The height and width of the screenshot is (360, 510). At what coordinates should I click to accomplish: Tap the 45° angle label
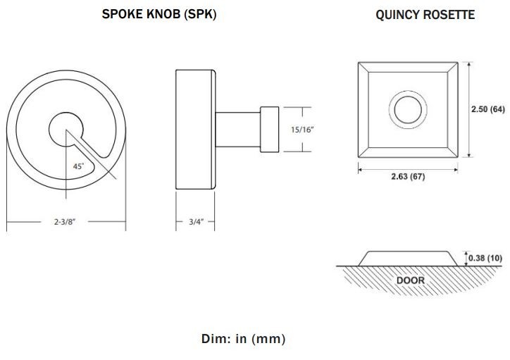point(78,166)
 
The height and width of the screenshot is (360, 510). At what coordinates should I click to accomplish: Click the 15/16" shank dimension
point(301,130)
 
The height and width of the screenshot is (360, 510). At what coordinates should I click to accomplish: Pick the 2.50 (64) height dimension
point(488,109)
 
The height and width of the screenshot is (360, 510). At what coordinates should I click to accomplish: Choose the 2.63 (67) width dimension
point(408,176)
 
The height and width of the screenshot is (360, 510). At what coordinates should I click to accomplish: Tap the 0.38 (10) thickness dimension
point(487,259)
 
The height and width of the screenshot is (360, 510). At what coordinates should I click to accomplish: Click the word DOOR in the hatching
point(410,280)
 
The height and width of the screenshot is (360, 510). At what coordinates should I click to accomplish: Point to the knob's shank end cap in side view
point(270,129)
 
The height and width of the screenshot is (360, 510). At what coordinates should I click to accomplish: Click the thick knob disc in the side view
point(194,130)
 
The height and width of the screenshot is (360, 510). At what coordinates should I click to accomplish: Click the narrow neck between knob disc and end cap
point(237,129)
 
